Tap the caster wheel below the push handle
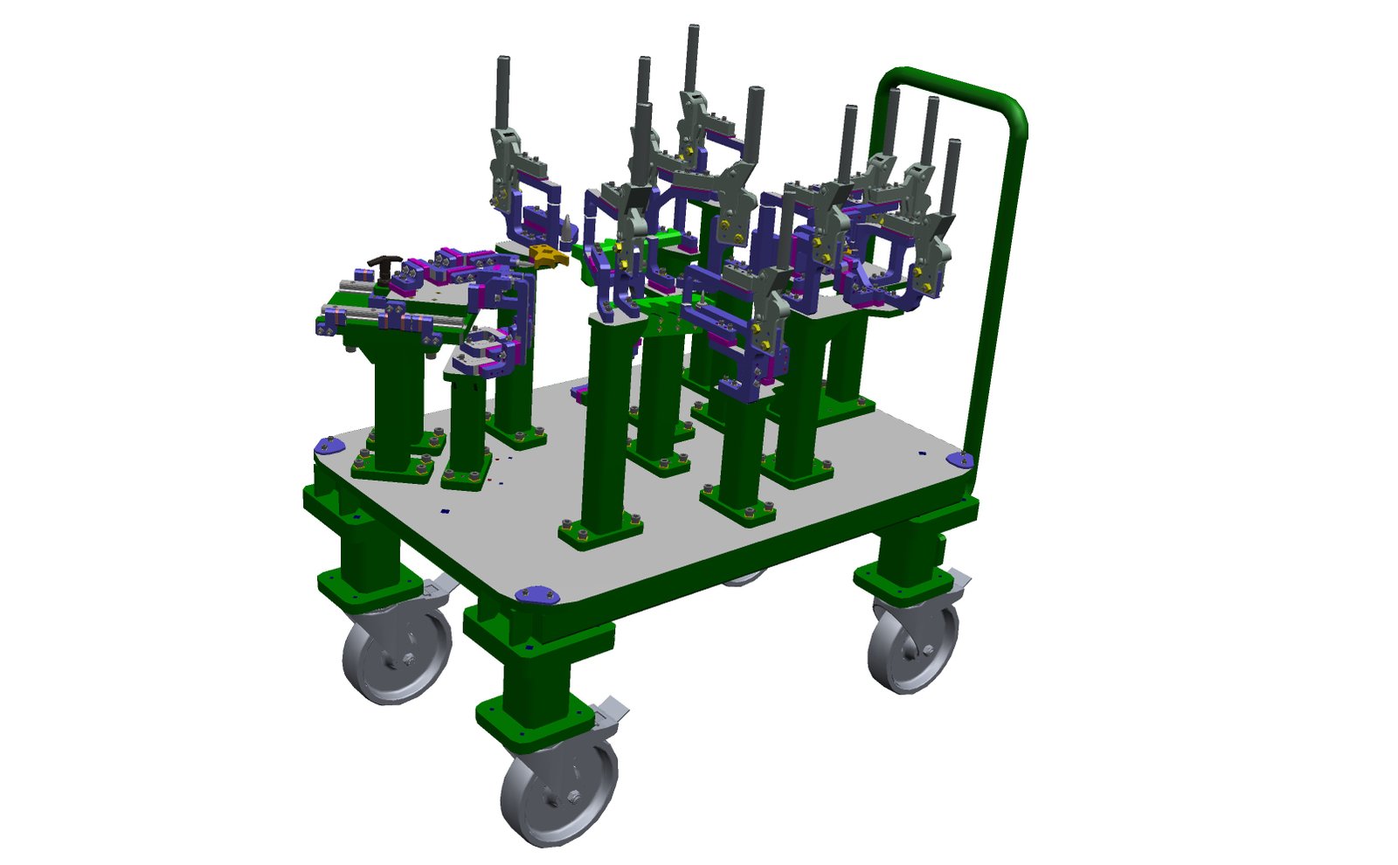pos(912,647)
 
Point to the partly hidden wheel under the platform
pos(743,578)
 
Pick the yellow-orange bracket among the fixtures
pos(548,254)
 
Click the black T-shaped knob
pos(384,263)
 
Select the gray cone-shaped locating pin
pos(569,229)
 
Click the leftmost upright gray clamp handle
pos(503,92)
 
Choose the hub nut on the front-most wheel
pos(572,797)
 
